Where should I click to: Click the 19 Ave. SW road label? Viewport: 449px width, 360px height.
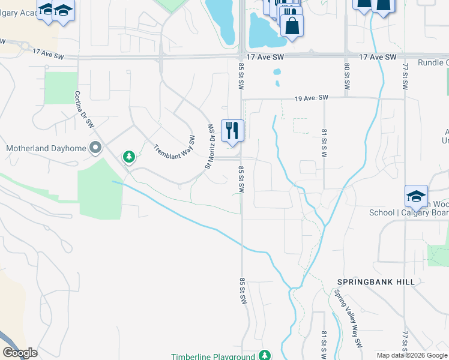[x=312, y=98]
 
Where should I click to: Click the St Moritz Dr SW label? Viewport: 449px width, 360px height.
[x=211, y=146]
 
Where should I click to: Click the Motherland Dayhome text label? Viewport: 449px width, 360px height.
[x=46, y=148]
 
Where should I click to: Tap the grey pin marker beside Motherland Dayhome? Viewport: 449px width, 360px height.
[x=95, y=148]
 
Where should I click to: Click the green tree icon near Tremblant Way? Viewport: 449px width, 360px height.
[x=128, y=157]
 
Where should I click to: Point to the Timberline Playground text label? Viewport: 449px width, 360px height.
[x=213, y=356]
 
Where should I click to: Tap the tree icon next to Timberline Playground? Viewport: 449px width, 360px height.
[x=265, y=356]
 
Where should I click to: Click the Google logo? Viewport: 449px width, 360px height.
[x=20, y=353]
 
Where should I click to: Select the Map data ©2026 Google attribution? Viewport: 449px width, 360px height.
[x=412, y=355]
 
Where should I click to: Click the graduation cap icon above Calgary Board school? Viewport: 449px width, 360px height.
[x=416, y=196]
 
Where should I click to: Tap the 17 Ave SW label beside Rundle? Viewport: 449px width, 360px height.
[x=378, y=57]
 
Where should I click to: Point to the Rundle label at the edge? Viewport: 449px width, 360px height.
[x=433, y=62]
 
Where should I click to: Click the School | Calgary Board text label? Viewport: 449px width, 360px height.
[x=408, y=212]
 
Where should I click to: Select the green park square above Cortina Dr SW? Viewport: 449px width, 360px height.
[x=61, y=88]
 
